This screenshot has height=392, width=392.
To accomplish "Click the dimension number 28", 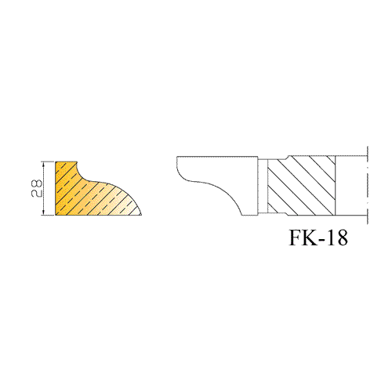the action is coord(36,188).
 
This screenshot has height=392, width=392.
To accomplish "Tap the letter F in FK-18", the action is coord(296,238).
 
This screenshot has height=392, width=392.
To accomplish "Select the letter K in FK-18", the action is coord(310,238).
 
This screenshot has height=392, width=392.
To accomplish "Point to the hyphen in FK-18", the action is coord(321,240).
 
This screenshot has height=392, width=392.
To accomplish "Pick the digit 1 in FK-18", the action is coord(331,238).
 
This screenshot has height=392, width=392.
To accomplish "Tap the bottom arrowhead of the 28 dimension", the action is coord(44,212).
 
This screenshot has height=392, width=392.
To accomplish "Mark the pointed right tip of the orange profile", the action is coord(141,215).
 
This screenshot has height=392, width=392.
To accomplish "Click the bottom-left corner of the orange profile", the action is coord(56,215).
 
